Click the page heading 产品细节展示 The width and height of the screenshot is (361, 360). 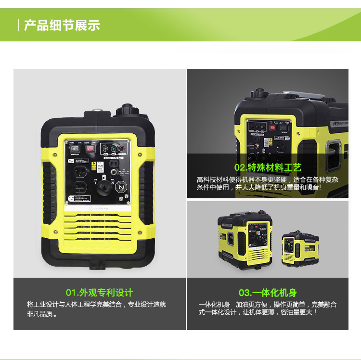point(62,25)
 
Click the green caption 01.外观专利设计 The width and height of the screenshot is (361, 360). point(99,293)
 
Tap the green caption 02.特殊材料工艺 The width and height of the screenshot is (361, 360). point(268,167)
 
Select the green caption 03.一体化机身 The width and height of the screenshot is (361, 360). point(268,293)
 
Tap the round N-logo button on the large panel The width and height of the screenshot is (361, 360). point(123,186)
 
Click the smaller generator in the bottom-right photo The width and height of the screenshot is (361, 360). point(299,248)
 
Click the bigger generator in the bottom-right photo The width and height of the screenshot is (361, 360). point(245,239)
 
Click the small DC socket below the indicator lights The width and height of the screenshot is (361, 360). point(114,164)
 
